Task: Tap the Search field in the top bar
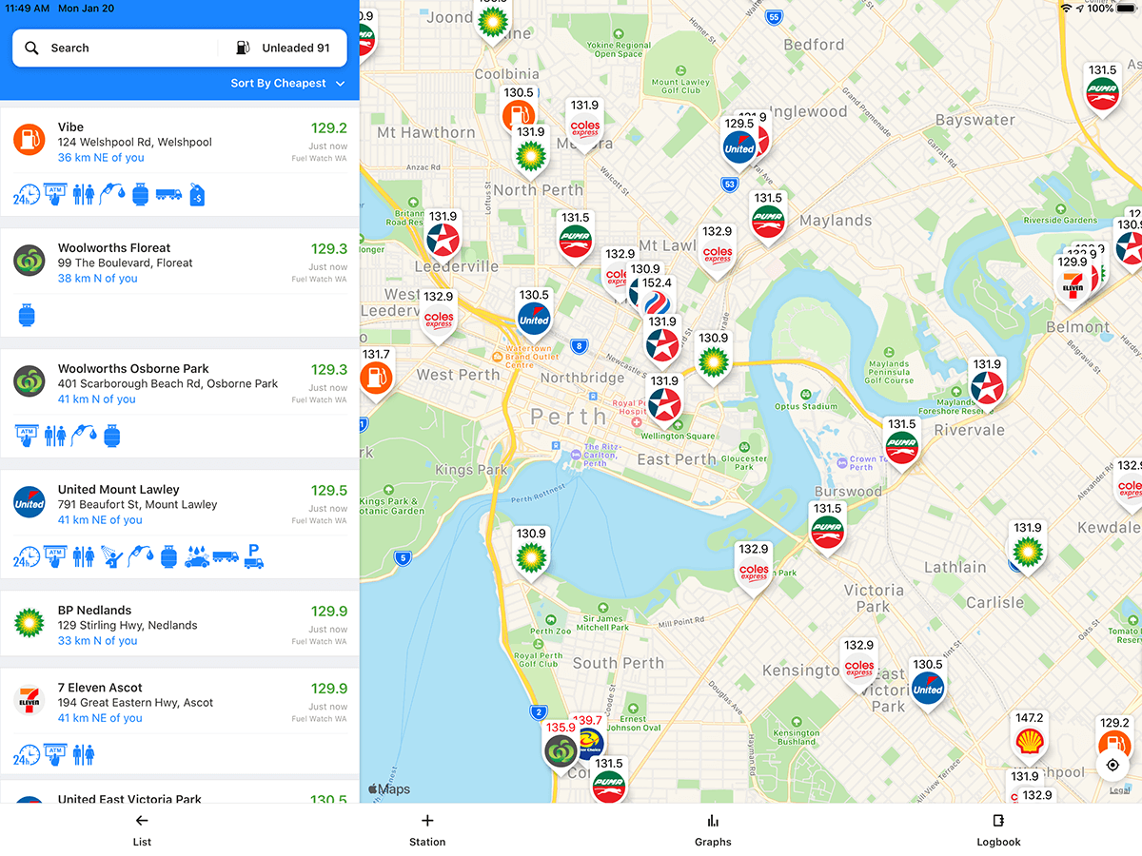click(x=114, y=48)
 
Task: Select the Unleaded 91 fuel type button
click(x=283, y=48)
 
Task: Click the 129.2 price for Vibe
click(x=329, y=128)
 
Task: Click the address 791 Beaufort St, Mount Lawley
click(x=137, y=505)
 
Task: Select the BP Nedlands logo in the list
click(x=30, y=623)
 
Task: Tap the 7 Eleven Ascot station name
click(x=100, y=688)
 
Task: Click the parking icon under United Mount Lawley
click(x=253, y=556)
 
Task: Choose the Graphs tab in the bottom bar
click(x=713, y=829)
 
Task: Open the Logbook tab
click(x=998, y=829)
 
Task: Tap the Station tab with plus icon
click(x=427, y=829)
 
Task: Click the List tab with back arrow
click(x=142, y=829)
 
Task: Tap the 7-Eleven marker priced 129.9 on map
click(x=1073, y=283)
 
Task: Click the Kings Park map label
click(x=472, y=470)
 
